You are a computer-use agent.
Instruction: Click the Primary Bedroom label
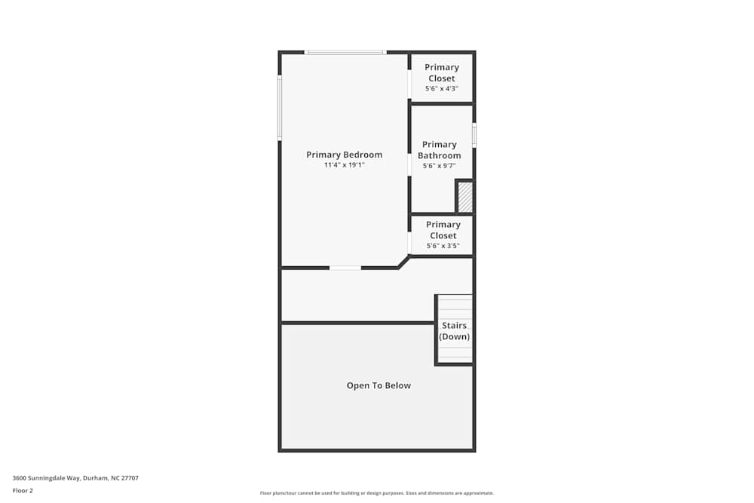point(344,155)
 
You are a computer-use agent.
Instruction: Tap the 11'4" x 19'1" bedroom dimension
point(344,165)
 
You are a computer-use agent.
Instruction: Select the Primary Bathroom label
point(440,150)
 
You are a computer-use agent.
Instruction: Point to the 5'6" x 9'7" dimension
point(440,166)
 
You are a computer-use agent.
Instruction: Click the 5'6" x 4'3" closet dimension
point(442,88)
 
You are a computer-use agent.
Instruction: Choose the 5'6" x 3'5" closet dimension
point(443,246)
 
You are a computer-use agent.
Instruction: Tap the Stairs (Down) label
point(455,331)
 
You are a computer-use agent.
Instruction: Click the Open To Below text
point(379,385)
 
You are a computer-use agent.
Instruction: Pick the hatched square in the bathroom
point(465,197)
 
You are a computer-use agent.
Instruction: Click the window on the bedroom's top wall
point(345,53)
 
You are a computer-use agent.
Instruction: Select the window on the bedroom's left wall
point(280,107)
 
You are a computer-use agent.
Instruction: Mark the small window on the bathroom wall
point(474,135)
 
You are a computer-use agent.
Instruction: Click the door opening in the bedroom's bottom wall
point(345,268)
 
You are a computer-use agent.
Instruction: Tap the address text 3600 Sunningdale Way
point(75,477)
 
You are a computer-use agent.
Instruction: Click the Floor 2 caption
point(23,490)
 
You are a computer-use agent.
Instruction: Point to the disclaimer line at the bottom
point(376,493)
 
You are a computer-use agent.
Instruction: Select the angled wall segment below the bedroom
point(404,262)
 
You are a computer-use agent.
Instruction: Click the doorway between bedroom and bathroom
point(409,165)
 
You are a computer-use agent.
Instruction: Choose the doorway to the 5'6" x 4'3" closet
point(409,85)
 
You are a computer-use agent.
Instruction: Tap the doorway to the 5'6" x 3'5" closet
point(409,243)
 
